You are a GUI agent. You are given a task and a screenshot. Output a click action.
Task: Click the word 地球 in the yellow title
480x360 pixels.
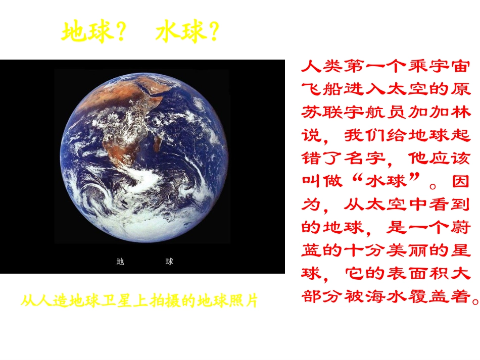(x=86, y=32)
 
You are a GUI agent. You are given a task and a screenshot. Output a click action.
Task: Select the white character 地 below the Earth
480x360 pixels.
(x=120, y=262)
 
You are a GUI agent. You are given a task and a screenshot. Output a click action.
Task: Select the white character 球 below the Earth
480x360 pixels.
(x=169, y=262)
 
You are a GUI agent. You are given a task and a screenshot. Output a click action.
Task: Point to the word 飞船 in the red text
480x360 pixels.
(x=323, y=89)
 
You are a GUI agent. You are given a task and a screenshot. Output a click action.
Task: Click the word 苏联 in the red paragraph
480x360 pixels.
(x=323, y=112)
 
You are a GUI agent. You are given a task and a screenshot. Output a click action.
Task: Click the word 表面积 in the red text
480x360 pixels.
(x=408, y=274)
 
